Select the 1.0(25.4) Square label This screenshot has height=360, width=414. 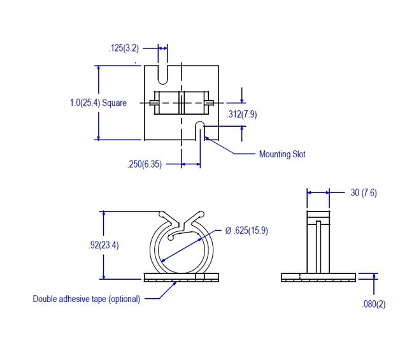tap(98, 102)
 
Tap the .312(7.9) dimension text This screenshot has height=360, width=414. tap(242, 114)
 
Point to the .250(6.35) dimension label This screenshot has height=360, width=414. tap(145, 164)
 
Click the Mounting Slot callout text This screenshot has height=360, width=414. tap(282, 154)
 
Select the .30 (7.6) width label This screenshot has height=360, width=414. tap(364, 192)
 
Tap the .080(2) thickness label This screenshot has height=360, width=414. tap(374, 304)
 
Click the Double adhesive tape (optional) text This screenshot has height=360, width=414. tap(87, 298)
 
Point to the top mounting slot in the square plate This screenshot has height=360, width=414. tap(163, 73)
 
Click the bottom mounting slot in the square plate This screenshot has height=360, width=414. tap(200, 131)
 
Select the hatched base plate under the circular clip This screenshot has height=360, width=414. tap(182, 278)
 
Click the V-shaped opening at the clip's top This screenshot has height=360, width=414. tap(182, 219)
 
